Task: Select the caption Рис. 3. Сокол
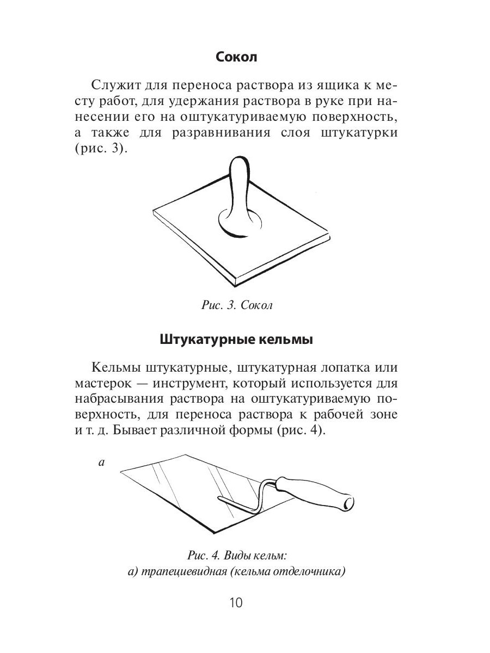[236, 305]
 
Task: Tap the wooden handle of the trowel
[316, 492]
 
